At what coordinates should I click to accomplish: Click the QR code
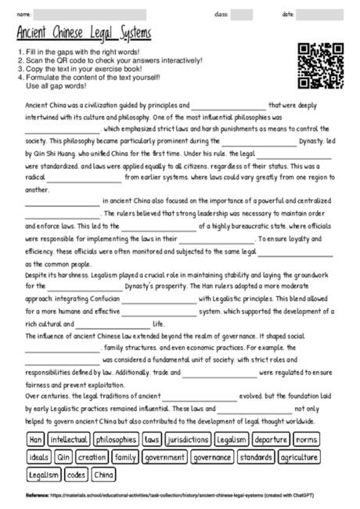coord(322,64)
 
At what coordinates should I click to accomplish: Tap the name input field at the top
coord(90,14)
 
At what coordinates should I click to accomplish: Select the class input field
coord(241,14)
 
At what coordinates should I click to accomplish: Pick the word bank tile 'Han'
coord(35,440)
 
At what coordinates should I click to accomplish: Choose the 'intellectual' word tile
coord(69,440)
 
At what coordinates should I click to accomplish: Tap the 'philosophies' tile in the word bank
coord(116,440)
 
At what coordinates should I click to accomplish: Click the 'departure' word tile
coord(272,440)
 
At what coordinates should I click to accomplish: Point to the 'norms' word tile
coord(307,440)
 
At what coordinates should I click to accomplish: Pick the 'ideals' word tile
coord(38,457)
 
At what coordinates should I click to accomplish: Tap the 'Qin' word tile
coord(64,457)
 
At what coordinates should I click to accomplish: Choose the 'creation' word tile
coord(92,457)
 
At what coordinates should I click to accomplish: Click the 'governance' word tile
coord(211,457)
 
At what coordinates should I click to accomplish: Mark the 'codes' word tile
coord(77,475)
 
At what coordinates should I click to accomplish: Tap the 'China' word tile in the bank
coord(103,475)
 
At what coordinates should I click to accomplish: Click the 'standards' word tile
coord(256,457)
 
